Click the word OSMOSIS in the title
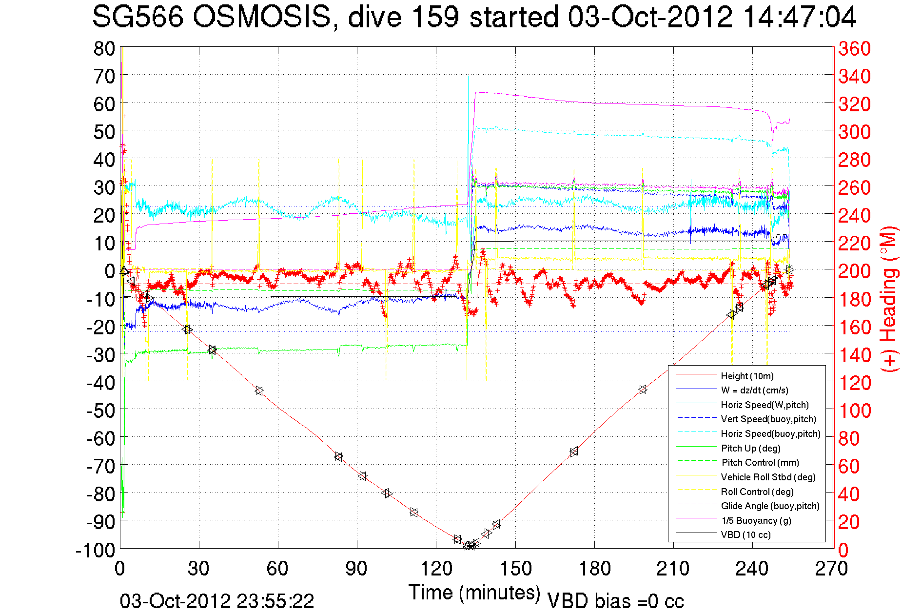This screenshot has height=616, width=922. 262,18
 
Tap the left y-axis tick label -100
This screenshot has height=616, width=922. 96,550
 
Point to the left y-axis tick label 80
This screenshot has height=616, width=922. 104,48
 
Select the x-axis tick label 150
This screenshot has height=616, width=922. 515,569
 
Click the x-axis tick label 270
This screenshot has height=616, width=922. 831,569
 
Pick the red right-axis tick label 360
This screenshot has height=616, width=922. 854,48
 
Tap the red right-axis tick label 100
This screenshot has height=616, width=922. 854,411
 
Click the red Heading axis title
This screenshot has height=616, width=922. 888,299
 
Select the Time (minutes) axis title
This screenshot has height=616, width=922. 474,593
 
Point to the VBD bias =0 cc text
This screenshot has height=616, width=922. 615,601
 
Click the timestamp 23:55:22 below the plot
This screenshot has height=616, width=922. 275,601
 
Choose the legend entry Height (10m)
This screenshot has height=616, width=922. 747,376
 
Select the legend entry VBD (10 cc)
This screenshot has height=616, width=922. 745,534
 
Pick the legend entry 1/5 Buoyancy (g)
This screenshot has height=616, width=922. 756,520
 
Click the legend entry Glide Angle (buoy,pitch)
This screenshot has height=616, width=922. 770,506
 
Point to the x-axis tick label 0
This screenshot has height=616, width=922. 120,569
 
